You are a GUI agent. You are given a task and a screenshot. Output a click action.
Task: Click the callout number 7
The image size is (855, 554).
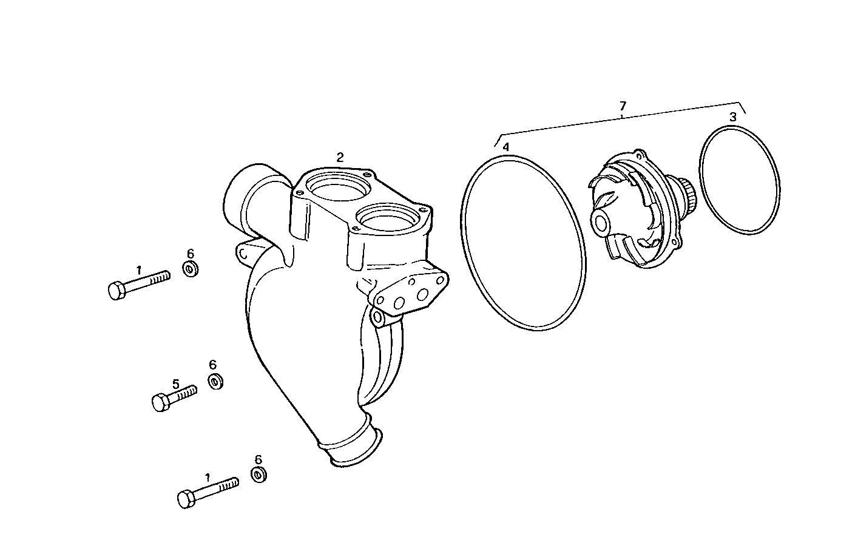[x=623, y=106]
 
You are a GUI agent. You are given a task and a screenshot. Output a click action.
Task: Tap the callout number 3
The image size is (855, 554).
[x=733, y=117]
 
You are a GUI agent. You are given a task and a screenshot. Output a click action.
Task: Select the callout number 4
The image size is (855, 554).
[x=505, y=147]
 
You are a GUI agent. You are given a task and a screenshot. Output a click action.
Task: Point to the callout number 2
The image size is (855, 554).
[x=340, y=157]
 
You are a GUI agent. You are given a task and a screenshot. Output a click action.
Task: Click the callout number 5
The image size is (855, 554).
[x=176, y=383]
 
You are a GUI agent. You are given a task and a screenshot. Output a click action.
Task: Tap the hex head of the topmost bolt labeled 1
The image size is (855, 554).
[x=117, y=291]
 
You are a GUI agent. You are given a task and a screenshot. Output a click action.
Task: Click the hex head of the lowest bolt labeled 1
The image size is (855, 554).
[x=186, y=499]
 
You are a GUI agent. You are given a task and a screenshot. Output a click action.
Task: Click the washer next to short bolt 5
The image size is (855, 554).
[x=215, y=382]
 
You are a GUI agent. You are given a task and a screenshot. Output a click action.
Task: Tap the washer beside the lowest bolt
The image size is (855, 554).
[x=259, y=474]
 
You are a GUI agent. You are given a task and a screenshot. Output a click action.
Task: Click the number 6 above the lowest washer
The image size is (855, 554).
[x=258, y=459]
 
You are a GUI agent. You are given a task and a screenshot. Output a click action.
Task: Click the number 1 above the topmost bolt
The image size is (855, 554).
[x=139, y=269]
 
